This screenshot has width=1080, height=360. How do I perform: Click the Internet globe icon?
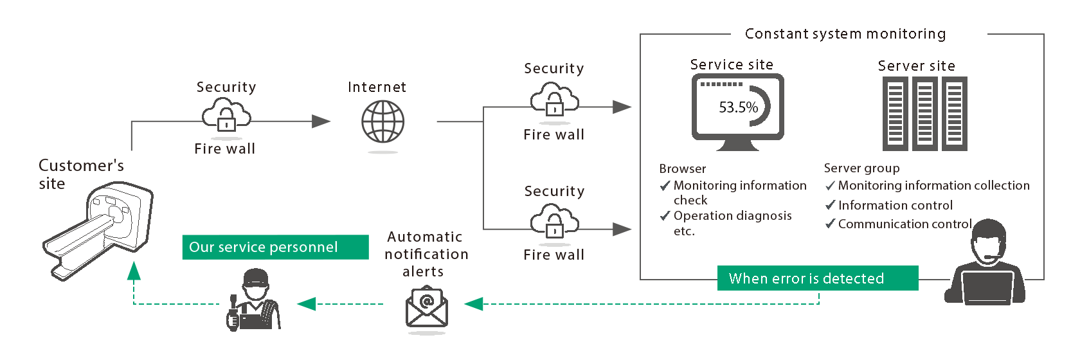[x=382, y=122]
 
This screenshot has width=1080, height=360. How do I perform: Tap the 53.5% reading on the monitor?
[x=738, y=107]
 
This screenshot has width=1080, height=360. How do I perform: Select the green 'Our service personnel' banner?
[x=275, y=247]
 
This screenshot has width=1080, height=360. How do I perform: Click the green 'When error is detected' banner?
[x=817, y=278]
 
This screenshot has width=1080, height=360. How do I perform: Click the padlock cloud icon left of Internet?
[x=226, y=115]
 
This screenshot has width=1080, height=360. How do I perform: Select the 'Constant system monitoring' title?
[x=845, y=34]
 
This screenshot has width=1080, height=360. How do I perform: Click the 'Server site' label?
[x=916, y=66]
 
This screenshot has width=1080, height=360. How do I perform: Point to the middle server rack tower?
[x=924, y=114]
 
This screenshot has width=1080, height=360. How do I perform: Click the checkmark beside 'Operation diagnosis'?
[x=665, y=216]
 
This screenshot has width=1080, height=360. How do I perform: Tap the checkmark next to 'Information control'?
[x=830, y=205]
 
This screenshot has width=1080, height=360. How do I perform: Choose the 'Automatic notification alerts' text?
[x=426, y=255]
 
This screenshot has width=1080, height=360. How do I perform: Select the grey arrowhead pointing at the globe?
[x=321, y=121]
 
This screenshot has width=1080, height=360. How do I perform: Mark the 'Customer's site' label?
[x=80, y=174]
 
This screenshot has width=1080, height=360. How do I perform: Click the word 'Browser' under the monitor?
[x=682, y=169]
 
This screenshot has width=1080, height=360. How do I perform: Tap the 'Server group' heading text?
[x=861, y=168]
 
